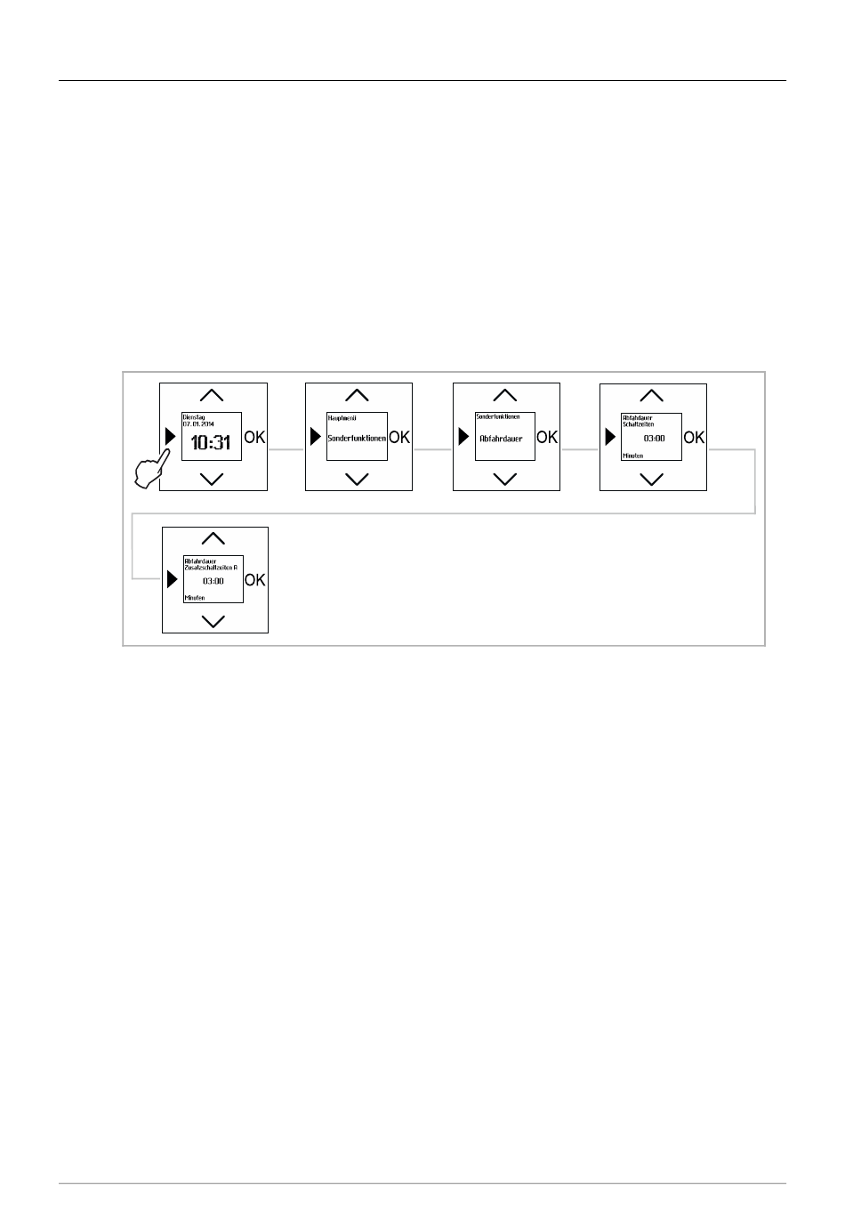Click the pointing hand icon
coord(152,468)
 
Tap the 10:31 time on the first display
coord(211,441)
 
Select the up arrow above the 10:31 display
coord(212,395)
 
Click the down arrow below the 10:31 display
coord(212,479)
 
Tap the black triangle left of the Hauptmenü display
coord(315,437)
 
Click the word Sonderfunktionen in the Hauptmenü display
coord(357,439)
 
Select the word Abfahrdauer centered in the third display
coord(502,439)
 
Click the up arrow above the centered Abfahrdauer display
coord(504,395)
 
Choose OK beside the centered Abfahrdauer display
coord(547,437)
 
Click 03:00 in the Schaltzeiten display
coord(654,439)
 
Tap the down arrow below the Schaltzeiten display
coord(652,479)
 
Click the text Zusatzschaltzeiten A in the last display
coord(210,567)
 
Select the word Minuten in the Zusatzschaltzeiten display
coord(195,598)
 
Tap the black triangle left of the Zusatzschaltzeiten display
coord(173,580)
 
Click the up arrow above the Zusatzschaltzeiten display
coord(213,538)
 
